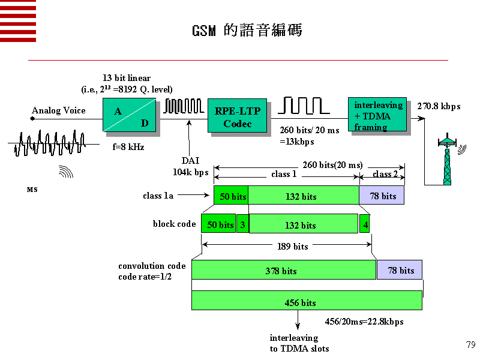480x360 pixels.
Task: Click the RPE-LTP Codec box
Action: coord(237,115)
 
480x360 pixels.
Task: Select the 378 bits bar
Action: coord(283,270)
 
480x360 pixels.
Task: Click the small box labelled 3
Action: coord(242,224)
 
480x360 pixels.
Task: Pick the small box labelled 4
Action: coord(365,224)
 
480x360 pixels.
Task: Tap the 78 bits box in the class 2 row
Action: coord(382,196)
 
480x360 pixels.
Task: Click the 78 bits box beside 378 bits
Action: coord(400,270)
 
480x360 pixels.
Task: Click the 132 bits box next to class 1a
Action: coord(303,196)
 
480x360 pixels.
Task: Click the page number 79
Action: coord(470,344)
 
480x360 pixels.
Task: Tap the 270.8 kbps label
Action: coord(439,106)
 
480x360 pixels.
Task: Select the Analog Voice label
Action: coord(59,110)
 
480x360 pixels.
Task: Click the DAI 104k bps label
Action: coord(191,166)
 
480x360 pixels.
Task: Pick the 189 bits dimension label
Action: coord(293,246)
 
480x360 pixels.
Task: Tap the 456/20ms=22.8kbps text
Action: coord(364,322)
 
